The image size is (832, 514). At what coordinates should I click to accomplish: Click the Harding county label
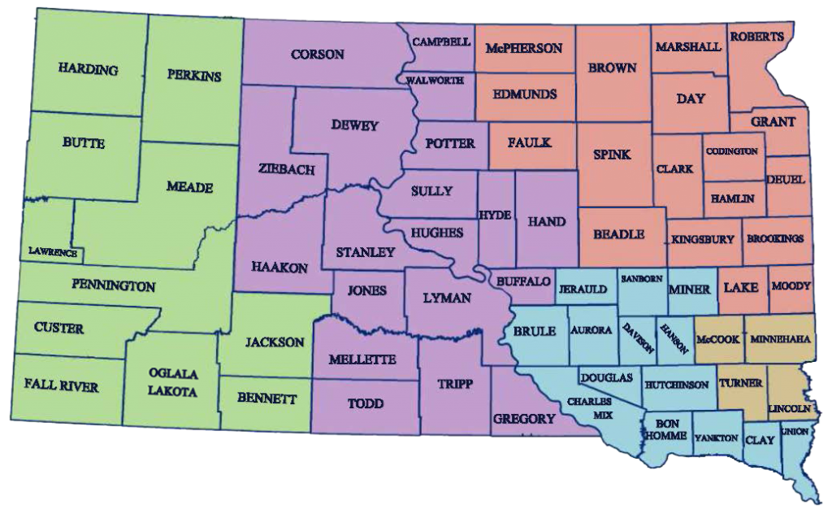point(89,70)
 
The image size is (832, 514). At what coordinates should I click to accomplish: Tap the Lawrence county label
point(53,253)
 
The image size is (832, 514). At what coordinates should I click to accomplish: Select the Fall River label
point(61,385)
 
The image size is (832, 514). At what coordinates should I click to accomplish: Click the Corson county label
point(317,54)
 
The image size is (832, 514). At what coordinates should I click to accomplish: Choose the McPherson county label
point(523,48)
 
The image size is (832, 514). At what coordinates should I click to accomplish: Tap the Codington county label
point(731,151)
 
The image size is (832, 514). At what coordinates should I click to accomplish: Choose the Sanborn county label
point(642,278)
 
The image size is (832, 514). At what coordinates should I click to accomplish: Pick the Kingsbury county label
point(704,239)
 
